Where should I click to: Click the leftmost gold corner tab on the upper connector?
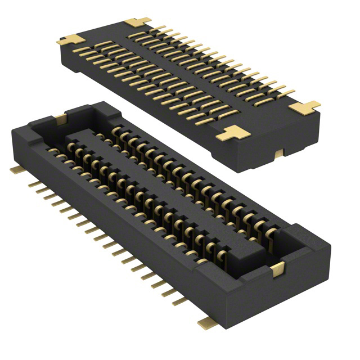(x=70, y=40)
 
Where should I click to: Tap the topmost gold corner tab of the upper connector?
(x=138, y=22)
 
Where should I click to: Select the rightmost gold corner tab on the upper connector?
(x=306, y=107)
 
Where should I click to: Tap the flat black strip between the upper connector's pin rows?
(x=186, y=73)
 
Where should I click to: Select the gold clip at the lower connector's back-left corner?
(x=60, y=119)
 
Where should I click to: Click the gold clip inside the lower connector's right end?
(x=278, y=269)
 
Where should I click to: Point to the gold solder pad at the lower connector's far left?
(x=15, y=168)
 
